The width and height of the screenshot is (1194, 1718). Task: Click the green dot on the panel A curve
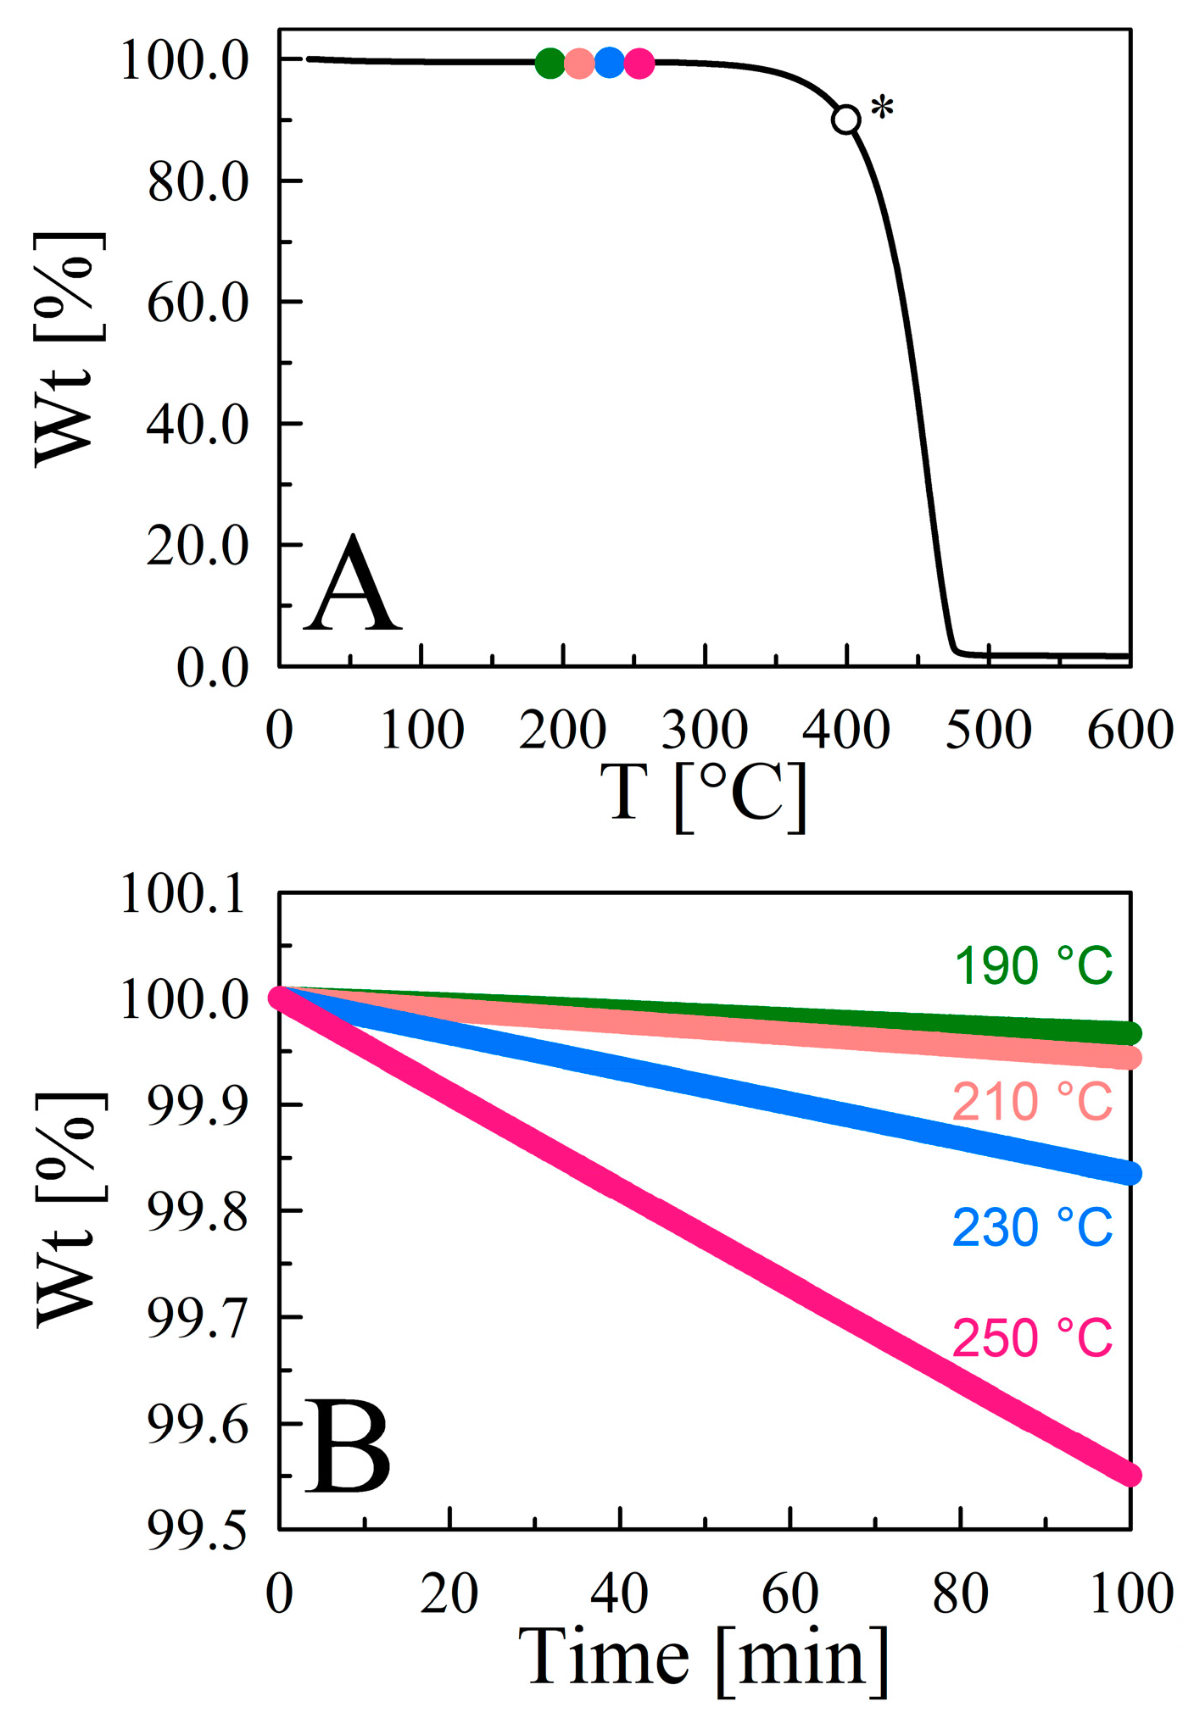550,63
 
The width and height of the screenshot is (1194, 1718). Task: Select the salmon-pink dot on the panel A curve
579,64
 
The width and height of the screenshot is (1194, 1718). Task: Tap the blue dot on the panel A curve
610,63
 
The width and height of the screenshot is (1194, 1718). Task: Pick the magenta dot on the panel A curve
639,64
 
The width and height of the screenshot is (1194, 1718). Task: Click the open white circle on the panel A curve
845,120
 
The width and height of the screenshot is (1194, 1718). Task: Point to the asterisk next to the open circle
883,109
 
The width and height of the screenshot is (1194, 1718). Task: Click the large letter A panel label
352,585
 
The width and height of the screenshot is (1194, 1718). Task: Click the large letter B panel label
349,1447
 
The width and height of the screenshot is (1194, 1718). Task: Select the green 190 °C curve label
1032,965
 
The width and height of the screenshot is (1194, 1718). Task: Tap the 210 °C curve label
1032,1102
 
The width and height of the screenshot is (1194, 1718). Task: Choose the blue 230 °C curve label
1032,1227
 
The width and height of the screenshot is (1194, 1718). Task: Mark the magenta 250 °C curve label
1032,1338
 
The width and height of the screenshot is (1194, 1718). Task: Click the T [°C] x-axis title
704,792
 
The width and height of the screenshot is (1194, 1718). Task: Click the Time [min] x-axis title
704,1657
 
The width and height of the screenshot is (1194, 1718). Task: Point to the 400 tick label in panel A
846,730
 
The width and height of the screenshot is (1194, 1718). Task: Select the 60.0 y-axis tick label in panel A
198,303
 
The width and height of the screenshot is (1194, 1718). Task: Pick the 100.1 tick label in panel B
184,895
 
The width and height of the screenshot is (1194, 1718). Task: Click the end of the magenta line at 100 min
1130,1476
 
